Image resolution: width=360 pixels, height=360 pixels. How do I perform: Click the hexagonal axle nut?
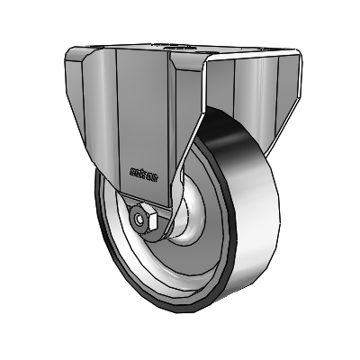pos(144,219)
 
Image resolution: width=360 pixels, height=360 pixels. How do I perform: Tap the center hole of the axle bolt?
pos(142,219)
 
